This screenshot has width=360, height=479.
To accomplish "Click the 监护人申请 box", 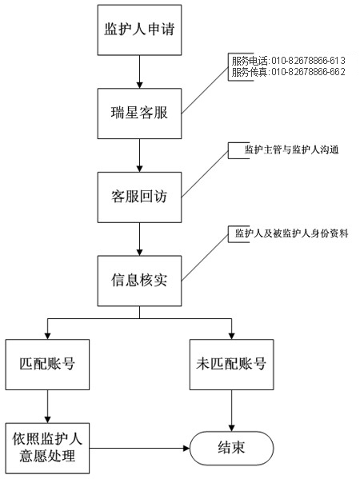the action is click(x=139, y=30).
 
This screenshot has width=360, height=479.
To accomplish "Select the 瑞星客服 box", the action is click(x=139, y=114).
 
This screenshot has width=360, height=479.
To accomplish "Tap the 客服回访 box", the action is click(x=139, y=198).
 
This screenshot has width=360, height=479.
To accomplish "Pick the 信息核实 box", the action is click(x=139, y=281).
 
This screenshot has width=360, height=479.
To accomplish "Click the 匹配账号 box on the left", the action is click(x=47, y=365).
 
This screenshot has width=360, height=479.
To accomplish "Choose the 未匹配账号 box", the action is click(x=231, y=365).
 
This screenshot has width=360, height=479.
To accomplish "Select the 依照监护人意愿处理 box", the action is click(x=47, y=448).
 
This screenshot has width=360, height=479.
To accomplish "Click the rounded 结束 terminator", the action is click(x=231, y=448).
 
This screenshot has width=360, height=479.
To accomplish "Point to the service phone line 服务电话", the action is click(x=288, y=61).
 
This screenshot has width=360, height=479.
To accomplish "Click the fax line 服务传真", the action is click(x=288, y=72).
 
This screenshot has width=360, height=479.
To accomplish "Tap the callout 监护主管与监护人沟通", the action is click(x=291, y=150).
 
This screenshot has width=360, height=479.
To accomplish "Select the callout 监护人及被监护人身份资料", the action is click(x=291, y=234).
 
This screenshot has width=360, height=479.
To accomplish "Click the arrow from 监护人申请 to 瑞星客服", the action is click(x=140, y=72).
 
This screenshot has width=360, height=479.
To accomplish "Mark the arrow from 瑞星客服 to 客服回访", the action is click(x=140, y=156).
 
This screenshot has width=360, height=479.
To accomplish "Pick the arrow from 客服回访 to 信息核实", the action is click(x=140, y=240).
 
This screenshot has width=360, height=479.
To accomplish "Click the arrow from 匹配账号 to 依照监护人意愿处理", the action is click(x=47, y=406).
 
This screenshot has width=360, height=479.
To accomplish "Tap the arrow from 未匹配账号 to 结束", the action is click(x=231, y=411).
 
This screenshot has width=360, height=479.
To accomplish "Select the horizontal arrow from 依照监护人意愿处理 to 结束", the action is click(x=140, y=448).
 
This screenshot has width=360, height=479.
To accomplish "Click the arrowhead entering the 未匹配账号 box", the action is click(x=231, y=336).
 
